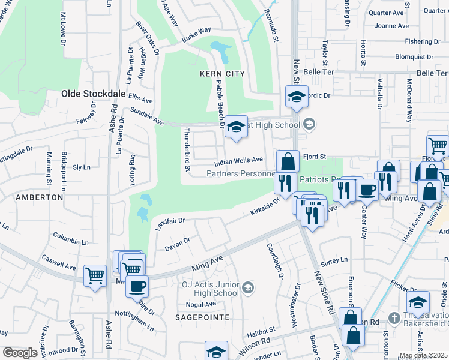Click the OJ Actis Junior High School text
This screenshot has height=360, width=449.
(x=210, y=289)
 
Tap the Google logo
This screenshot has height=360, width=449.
(x=20, y=352)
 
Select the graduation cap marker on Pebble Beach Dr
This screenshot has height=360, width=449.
(x=236, y=127)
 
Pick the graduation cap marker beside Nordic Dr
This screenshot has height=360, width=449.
(x=297, y=96)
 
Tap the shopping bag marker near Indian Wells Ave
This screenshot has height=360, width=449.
(x=288, y=161)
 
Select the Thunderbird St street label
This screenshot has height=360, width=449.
(x=187, y=149)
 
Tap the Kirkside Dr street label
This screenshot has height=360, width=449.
(x=265, y=209)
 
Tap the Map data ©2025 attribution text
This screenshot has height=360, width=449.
(x=423, y=355)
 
